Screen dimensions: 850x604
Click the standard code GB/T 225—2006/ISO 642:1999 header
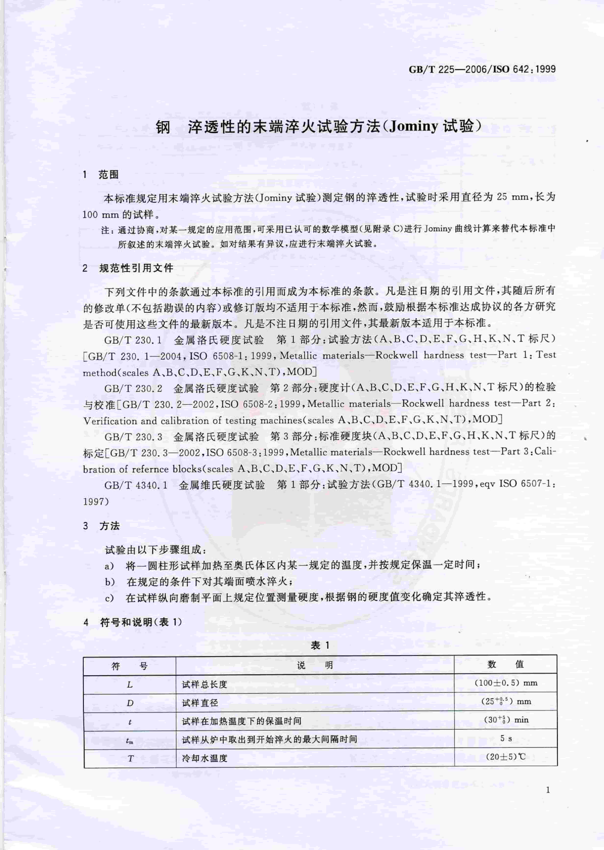click(x=482, y=69)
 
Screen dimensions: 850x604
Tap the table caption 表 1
click(x=320, y=645)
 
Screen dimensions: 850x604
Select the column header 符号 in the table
click(x=129, y=665)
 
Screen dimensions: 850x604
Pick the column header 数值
click(x=505, y=664)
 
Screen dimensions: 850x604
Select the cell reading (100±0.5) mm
click(x=506, y=683)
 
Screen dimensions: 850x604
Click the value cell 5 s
click(x=506, y=738)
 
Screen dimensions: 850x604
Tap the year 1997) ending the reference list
click(x=96, y=501)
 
